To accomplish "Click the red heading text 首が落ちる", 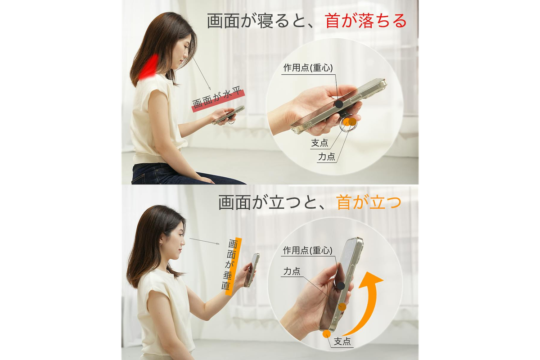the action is point(366,21).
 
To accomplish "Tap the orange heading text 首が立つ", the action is point(369,202).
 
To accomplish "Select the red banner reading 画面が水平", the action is point(218,100).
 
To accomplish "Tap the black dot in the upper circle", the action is point(339,104).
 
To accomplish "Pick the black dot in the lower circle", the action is point(341,286).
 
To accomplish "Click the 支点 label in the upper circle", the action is point(319,143).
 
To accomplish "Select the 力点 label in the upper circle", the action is point(327,157).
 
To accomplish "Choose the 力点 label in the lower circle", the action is point(292,271).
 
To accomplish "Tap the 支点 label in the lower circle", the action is point(342,341).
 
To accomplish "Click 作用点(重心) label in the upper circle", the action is point(308,68).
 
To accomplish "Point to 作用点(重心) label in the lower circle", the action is point(308,251).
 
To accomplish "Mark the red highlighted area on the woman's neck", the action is point(149,67).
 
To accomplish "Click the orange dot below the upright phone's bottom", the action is point(327,334).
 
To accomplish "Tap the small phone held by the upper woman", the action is point(228,115).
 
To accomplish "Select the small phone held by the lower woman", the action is point(252,270).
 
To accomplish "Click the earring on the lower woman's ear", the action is point(162,244).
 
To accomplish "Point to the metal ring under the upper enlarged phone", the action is point(346,125).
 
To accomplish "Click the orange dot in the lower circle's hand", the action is point(342,307).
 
